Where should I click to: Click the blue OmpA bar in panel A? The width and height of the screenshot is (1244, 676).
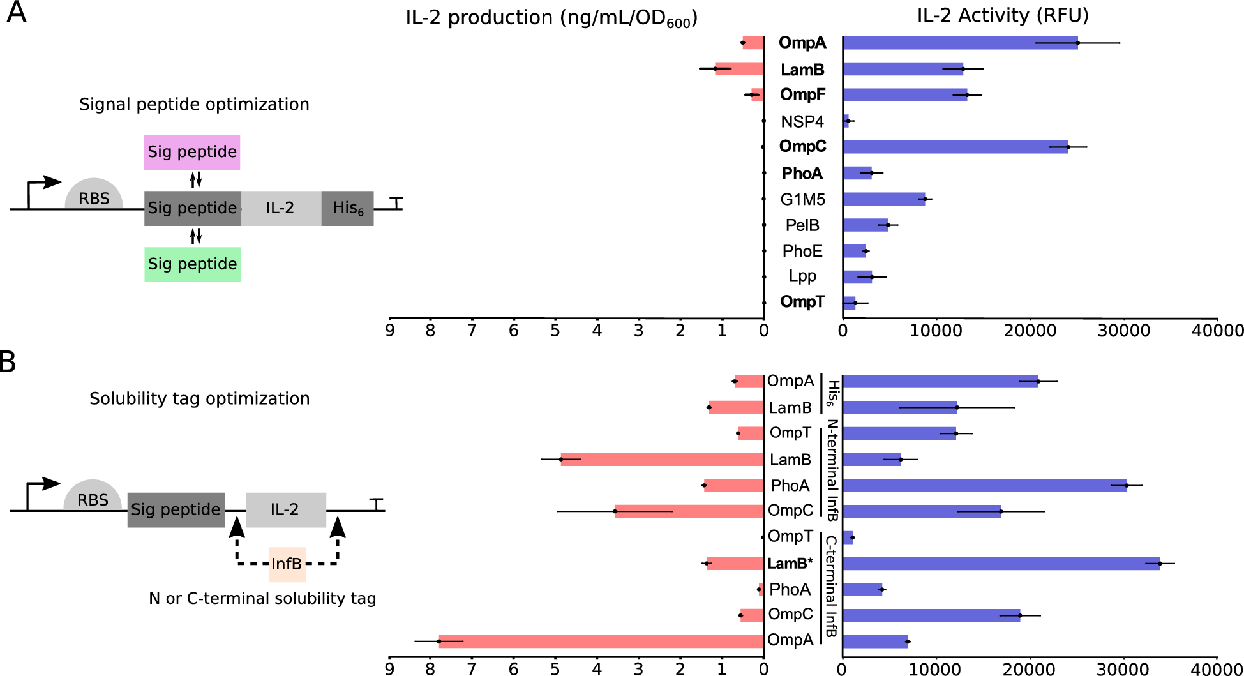click(x=960, y=43)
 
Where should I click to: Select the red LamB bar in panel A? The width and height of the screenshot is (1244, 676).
click(x=739, y=69)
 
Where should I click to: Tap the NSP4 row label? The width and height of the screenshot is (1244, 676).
click(x=802, y=121)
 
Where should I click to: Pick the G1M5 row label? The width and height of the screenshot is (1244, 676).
click(x=802, y=199)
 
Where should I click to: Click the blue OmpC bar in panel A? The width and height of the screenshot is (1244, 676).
click(x=955, y=147)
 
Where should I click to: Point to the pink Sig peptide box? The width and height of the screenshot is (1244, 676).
click(x=192, y=152)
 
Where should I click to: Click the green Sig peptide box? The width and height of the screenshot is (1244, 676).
click(x=192, y=264)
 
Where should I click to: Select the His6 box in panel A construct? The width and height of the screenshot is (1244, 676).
click(x=347, y=208)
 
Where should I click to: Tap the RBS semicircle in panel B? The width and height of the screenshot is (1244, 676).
click(x=93, y=496)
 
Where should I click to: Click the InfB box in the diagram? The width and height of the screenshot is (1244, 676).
click(x=287, y=564)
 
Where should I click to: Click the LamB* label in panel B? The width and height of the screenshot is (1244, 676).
click(x=790, y=564)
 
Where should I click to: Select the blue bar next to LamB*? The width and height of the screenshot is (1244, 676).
click(x=1001, y=564)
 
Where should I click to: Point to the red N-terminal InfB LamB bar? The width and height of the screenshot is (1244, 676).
click(x=662, y=459)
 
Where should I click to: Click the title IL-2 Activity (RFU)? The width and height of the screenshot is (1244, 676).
click(x=1002, y=15)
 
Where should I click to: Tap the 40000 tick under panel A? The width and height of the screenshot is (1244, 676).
click(x=1217, y=331)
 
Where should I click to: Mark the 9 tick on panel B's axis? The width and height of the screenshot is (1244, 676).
click(x=389, y=669)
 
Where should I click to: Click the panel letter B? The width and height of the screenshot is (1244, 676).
click(x=8, y=362)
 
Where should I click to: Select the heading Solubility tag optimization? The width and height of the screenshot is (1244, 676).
click(x=199, y=398)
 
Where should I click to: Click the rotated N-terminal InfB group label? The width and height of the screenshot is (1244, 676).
click(x=832, y=470)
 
